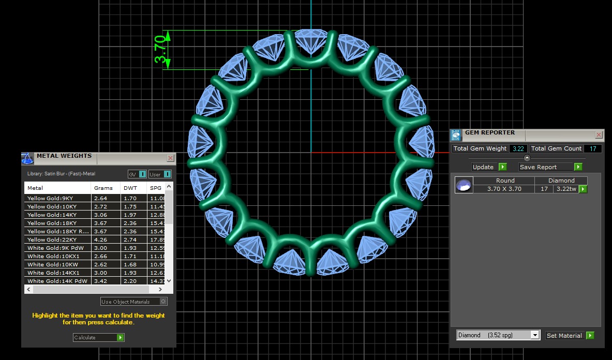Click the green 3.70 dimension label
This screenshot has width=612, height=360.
[x=161, y=50]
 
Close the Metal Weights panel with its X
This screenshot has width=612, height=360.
[x=170, y=158]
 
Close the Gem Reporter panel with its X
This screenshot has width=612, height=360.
[x=599, y=135]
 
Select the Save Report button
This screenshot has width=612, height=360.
[x=550, y=167]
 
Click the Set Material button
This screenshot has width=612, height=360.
[x=570, y=336]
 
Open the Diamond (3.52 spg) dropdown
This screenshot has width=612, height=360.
[x=498, y=335]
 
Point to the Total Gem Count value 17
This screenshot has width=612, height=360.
[x=592, y=149]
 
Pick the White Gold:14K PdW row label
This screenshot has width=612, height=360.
[x=57, y=281]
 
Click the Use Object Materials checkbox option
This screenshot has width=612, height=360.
[x=133, y=302]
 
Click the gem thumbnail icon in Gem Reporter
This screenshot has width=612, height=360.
[x=464, y=185]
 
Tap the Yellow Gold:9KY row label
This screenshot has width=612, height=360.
[x=51, y=199]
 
